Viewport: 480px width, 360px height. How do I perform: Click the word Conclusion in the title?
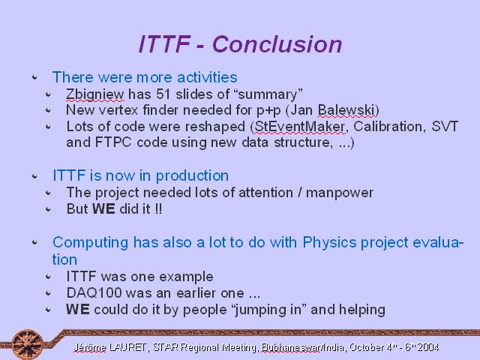click(277, 44)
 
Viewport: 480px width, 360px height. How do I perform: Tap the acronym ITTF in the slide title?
click(164, 44)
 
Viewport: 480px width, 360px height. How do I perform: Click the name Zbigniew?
click(95, 95)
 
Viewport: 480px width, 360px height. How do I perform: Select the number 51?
click(163, 94)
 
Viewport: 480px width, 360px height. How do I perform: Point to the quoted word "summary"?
click(268, 94)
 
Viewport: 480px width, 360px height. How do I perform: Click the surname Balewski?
click(346, 110)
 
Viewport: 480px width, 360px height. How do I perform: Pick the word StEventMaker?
click(300, 127)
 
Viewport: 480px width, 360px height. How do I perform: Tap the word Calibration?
click(389, 127)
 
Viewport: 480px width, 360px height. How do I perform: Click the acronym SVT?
click(445, 127)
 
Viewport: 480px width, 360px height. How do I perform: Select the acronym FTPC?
click(113, 142)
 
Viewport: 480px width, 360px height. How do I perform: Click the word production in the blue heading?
click(192, 176)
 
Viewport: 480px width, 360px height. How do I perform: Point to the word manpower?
click(340, 193)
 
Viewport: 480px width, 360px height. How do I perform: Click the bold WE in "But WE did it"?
click(103, 209)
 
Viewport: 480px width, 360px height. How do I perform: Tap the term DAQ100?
click(94, 293)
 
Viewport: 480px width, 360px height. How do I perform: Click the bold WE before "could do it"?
click(78, 309)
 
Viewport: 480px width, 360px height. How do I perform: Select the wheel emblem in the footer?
click(28, 344)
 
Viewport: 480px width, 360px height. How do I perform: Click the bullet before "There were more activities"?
click(34, 77)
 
